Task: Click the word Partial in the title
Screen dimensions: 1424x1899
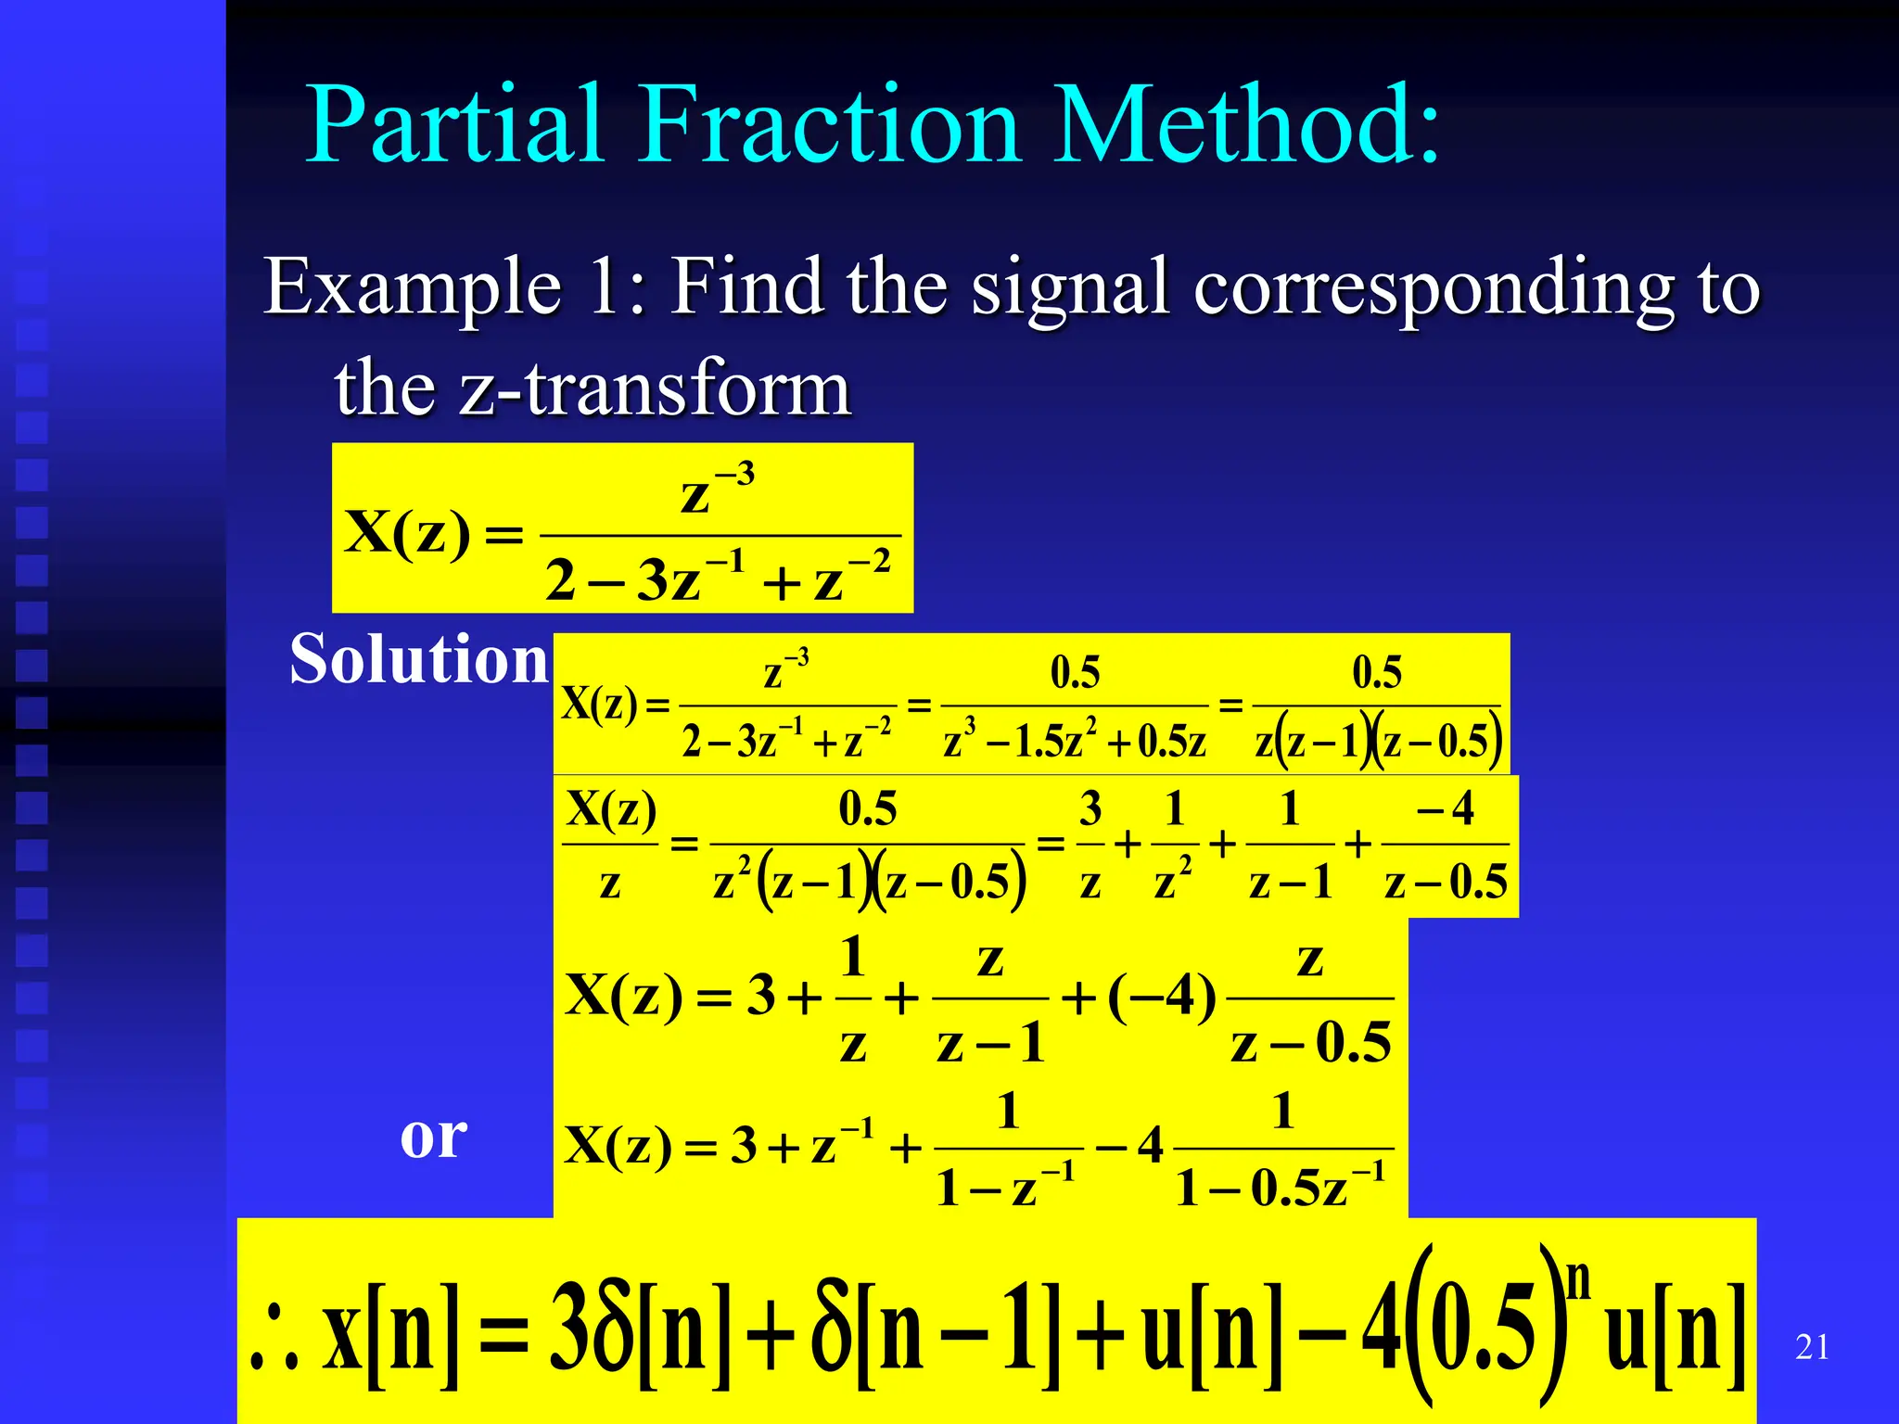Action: (455, 125)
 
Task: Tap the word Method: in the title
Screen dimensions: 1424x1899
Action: (1248, 125)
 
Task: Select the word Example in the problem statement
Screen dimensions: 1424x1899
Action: (414, 287)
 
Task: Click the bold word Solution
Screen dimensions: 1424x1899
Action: (419, 659)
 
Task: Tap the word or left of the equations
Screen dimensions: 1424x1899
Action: (433, 1137)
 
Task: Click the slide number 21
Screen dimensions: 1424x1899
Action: (1812, 1347)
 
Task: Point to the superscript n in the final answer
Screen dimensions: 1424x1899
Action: (1578, 1279)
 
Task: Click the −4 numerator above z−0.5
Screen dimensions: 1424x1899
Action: (1446, 809)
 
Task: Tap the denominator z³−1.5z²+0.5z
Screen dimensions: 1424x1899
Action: (1075, 742)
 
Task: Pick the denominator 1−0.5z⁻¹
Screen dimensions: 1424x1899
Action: (1281, 1187)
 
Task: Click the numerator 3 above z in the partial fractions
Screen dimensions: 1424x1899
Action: (1090, 809)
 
